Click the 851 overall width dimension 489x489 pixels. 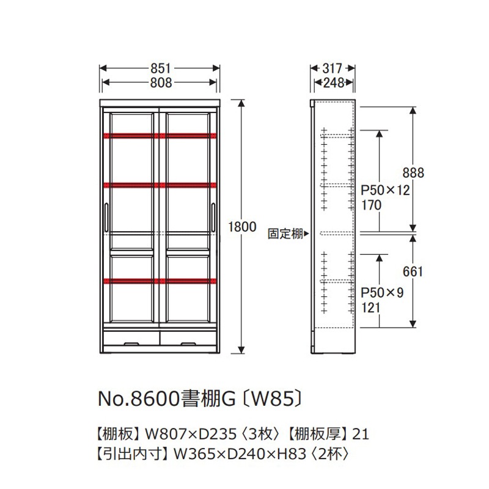[x=161, y=68]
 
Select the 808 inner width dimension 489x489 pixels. [x=161, y=83]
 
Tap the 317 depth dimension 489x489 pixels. [x=332, y=68]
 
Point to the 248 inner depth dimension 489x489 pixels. [x=333, y=83]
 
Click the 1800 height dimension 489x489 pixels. [x=242, y=227]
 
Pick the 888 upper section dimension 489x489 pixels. [x=413, y=173]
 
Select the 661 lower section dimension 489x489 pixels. [x=413, y=271]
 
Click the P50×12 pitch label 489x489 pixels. [x=385, y=190]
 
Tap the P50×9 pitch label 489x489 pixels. [x=382, y=293]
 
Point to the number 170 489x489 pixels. [x=372, y=205]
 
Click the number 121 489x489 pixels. [x=371, y=308]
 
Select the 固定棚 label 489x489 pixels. [x=285, y=233]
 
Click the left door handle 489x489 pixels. [x=106, y=218]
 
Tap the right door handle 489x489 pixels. [x=213, y=218]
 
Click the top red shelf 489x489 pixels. [x=160, y=136]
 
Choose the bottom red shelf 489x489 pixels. [x=160, y=281]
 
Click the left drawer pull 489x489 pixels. [x=131, y=344]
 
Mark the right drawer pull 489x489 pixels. [x=188, y=344]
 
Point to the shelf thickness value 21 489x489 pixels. [x=361, y=434]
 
